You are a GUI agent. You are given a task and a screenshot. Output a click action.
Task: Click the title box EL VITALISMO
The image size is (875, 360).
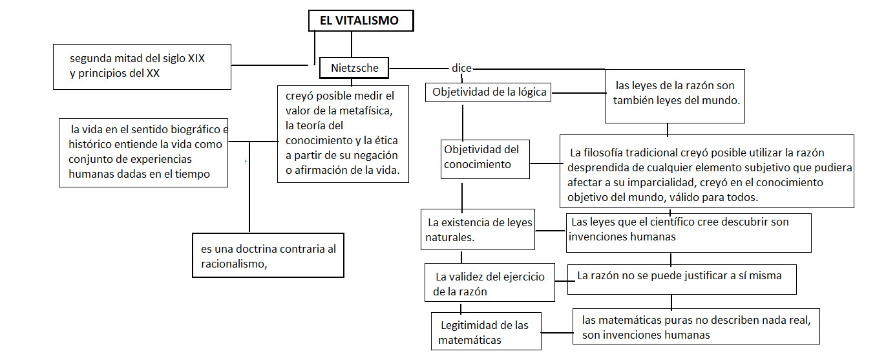[x=359, y=21]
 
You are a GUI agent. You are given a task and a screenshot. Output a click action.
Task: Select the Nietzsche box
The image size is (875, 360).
[x=355, y=67]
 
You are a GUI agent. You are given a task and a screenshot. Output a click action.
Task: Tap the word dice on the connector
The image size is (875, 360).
[x=461, y=68]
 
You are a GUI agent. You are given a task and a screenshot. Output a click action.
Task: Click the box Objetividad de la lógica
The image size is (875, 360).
[x=489, y=92]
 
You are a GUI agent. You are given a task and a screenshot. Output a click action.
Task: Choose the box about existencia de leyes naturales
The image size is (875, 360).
[x=478, y=229]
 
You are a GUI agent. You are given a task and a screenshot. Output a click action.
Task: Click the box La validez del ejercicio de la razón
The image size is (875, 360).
[x=489, y=283]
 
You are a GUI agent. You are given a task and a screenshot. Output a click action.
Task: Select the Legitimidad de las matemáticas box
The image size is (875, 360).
[x=483, y=332]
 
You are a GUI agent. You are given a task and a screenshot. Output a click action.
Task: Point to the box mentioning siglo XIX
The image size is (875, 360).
[x=142, y=66]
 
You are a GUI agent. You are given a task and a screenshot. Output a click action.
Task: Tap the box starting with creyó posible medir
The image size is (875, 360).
[x=343, y=134]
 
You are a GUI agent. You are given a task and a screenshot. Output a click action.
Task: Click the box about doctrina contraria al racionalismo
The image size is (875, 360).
[x=268, y=255]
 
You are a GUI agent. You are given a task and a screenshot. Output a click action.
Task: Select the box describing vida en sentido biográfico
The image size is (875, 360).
[x=143, y=152]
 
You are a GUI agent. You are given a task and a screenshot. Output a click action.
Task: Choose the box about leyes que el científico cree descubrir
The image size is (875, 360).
[x=688, y=231]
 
